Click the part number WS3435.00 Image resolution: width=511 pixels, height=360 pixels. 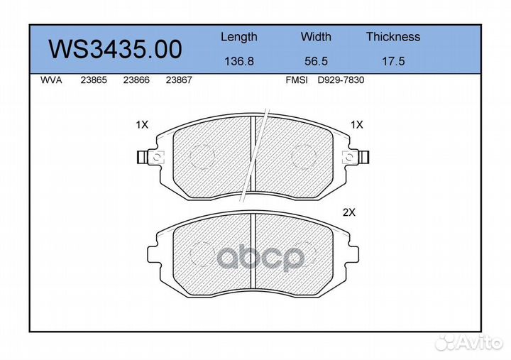(115, 49)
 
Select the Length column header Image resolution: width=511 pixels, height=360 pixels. (239, 37)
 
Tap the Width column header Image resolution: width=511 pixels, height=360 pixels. (316, 36)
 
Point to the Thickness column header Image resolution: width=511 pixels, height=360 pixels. (393, 36)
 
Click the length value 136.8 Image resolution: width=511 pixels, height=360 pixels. (239, 61)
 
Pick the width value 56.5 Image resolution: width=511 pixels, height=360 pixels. (316, 61)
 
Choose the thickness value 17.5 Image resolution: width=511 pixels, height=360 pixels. (393, 61)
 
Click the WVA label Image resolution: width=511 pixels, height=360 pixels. (51, 80)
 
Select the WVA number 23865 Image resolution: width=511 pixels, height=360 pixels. (94, 80)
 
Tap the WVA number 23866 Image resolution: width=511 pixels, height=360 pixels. (136, 80)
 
